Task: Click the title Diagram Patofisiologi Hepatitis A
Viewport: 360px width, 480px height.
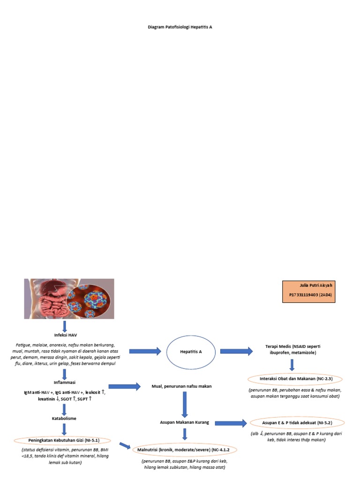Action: point(180,27)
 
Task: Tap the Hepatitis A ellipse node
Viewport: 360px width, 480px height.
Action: point(191,351)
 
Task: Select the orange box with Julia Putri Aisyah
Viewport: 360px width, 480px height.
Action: point(308,292)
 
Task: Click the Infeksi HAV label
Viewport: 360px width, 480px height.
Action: point(65,336)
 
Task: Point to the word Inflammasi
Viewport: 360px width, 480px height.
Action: point(65,382)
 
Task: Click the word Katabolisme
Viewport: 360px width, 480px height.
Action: point(65,418)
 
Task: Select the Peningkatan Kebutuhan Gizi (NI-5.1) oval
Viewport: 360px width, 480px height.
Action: point(63,440)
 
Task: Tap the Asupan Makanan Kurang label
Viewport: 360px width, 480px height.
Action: point(184,422)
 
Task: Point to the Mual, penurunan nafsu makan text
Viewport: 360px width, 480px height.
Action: point(181,386)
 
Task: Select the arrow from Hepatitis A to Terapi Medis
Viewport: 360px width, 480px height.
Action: point(236,351)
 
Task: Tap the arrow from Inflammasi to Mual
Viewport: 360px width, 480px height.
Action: point(124,386)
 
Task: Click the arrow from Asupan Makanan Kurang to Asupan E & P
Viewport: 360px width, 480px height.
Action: point(230,423)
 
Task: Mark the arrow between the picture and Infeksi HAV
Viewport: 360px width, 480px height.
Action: point(65,326)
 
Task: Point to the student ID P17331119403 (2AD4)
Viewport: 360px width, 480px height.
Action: point(308,295)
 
